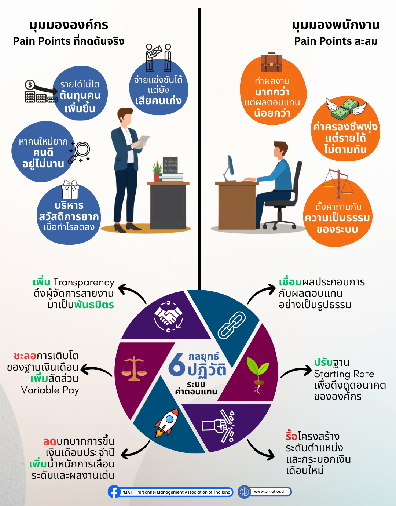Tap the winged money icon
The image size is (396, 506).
pos(346,108)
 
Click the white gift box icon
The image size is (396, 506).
pos(70,189)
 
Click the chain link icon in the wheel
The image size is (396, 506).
pos(231,325)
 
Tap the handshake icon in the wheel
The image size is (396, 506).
pos(168,316)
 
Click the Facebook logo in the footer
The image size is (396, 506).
pos(114,492)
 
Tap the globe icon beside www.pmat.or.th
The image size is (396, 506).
pos(244,492)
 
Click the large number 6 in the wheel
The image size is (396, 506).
pos(177,365)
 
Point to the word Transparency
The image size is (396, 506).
pos(84,283)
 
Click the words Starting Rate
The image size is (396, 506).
pos(344,374)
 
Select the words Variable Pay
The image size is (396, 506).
pos(50,390)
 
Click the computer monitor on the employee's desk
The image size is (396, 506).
pos(231,167)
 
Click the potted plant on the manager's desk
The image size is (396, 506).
pos(157,171)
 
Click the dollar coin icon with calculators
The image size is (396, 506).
pos(30,85)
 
